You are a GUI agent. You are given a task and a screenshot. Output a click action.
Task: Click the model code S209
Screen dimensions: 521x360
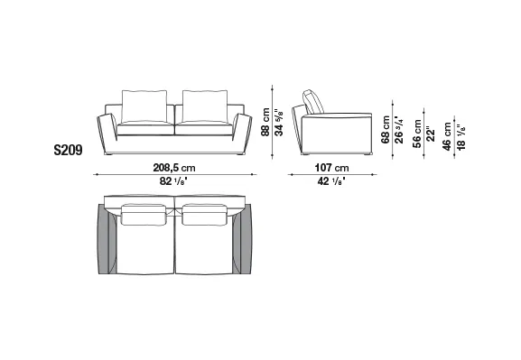coord(68,150)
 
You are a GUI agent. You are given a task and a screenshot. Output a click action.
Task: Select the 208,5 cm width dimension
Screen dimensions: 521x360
coord(174,168)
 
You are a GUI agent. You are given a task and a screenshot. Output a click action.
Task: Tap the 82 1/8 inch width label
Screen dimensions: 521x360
coord(173,181)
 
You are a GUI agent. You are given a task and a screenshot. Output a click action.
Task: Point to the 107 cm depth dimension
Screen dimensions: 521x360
coord(332,168)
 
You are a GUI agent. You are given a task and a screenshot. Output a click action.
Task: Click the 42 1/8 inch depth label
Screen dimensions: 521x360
coord(331,181)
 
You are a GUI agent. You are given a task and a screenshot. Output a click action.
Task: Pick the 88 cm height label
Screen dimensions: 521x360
coord(265,122)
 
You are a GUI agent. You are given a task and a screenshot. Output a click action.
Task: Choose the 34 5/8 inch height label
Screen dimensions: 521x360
coord(279,122)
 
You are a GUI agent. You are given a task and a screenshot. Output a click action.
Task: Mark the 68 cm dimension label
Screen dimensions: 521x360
coord(386,130)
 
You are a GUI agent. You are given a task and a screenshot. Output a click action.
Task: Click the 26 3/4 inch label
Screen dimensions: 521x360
coord(399,130)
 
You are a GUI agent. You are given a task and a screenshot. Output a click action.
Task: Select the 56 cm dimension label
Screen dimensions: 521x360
coord(416,134)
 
